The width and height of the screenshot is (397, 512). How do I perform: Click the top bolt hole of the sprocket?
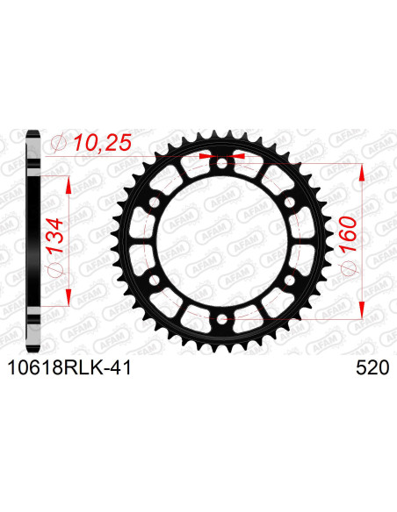click(222, 164)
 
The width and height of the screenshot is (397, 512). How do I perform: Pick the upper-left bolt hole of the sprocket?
click(155, 203)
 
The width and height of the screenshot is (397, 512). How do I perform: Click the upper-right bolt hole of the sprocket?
click(289, 203)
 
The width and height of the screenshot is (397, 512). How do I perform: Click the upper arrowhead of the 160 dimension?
click(360, 172)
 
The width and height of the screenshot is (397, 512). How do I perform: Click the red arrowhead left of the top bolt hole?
click(209, 155)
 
